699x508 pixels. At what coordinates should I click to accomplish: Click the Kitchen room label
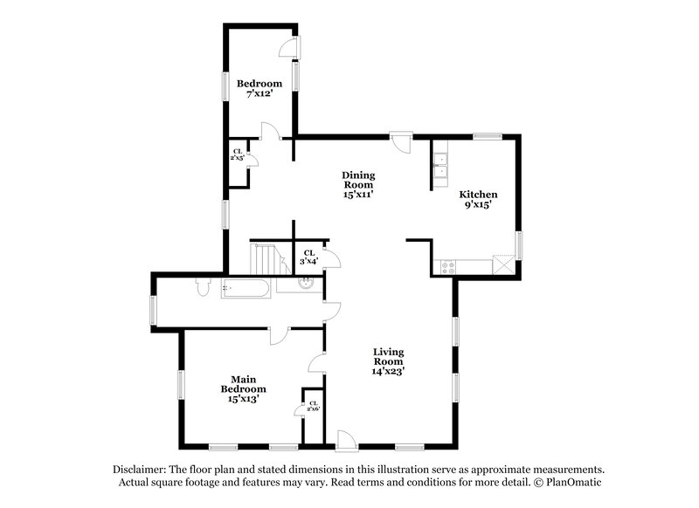click(x=478, y=195)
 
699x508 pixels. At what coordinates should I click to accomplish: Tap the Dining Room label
click(x=357, y=185)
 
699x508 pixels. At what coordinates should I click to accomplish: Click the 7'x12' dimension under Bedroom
click(x=260, y=94)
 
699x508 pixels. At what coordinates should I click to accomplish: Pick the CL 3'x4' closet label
click(x=308, y=257)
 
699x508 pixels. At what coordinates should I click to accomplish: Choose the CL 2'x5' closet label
click(x=237, y=155)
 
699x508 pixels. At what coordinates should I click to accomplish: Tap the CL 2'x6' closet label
click(x=313, y=407)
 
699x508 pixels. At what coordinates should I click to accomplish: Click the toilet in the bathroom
click(x=203, y=286)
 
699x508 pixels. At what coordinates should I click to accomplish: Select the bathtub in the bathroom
click(x=248, y=287)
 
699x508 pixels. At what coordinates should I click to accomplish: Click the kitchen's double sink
click(x=441, y=165)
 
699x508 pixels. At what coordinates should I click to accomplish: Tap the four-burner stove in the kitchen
click(x=448, y=267)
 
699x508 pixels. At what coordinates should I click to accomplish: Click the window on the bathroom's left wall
click(x=153, y=310)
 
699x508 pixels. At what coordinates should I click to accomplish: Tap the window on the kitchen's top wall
click(x=488, y=136)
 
